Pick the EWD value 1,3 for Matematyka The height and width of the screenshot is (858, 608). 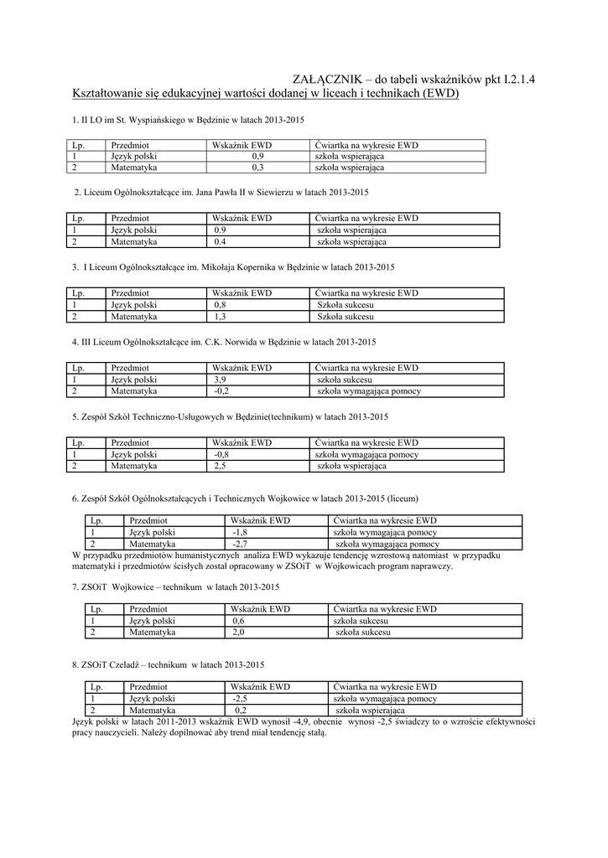tap(221, 318)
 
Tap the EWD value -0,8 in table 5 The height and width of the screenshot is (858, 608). tap(221, 454)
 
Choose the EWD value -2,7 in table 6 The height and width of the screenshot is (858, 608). tap(240, 544)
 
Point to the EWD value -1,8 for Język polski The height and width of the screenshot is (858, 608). tap(240, 532)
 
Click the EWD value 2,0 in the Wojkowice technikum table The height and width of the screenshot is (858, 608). tap(239, 633)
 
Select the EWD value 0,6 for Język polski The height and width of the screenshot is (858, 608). tap(239, 621)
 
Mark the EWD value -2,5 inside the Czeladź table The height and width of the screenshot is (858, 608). tap(240, 698)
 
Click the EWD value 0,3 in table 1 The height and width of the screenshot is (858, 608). tap(257, 168)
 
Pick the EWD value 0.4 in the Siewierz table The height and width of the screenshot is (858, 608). tap(221, 242)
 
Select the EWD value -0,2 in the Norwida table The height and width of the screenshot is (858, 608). tap(221, 391)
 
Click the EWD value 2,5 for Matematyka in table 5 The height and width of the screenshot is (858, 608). tap(221, 466)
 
